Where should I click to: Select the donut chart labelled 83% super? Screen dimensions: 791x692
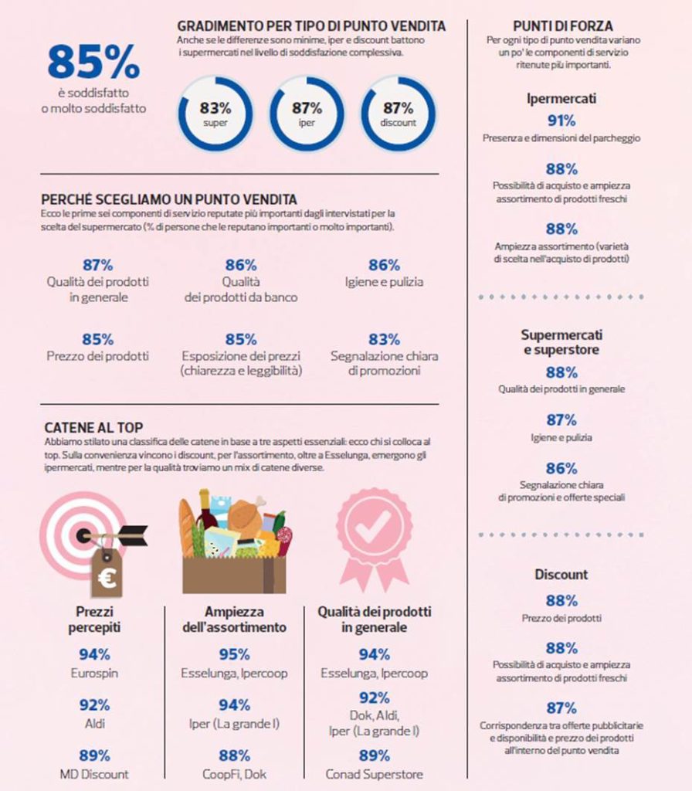(215, 113)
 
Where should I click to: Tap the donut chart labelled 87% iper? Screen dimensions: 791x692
(307, 113)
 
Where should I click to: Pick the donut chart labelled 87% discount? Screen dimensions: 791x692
(399, 113)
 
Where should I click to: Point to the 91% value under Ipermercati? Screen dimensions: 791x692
(561, 121)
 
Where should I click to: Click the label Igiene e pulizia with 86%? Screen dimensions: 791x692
(384, 282)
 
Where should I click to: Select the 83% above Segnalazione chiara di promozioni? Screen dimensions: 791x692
(384, 339)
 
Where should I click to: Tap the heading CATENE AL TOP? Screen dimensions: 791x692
(93, 427)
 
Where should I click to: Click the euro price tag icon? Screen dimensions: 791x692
(106, 575)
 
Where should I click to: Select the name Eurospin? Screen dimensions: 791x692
(93, 674)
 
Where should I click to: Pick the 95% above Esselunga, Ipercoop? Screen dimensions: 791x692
(234, 655)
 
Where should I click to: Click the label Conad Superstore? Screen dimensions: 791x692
(374, 774)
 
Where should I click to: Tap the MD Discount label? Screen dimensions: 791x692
(93, 774)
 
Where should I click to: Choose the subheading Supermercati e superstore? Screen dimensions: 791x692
(561, 342)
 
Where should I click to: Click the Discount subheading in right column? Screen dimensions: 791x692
(561, 575)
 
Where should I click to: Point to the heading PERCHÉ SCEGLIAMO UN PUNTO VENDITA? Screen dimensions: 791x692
(171, 199)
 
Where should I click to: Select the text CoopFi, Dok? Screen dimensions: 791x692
(234, 774)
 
